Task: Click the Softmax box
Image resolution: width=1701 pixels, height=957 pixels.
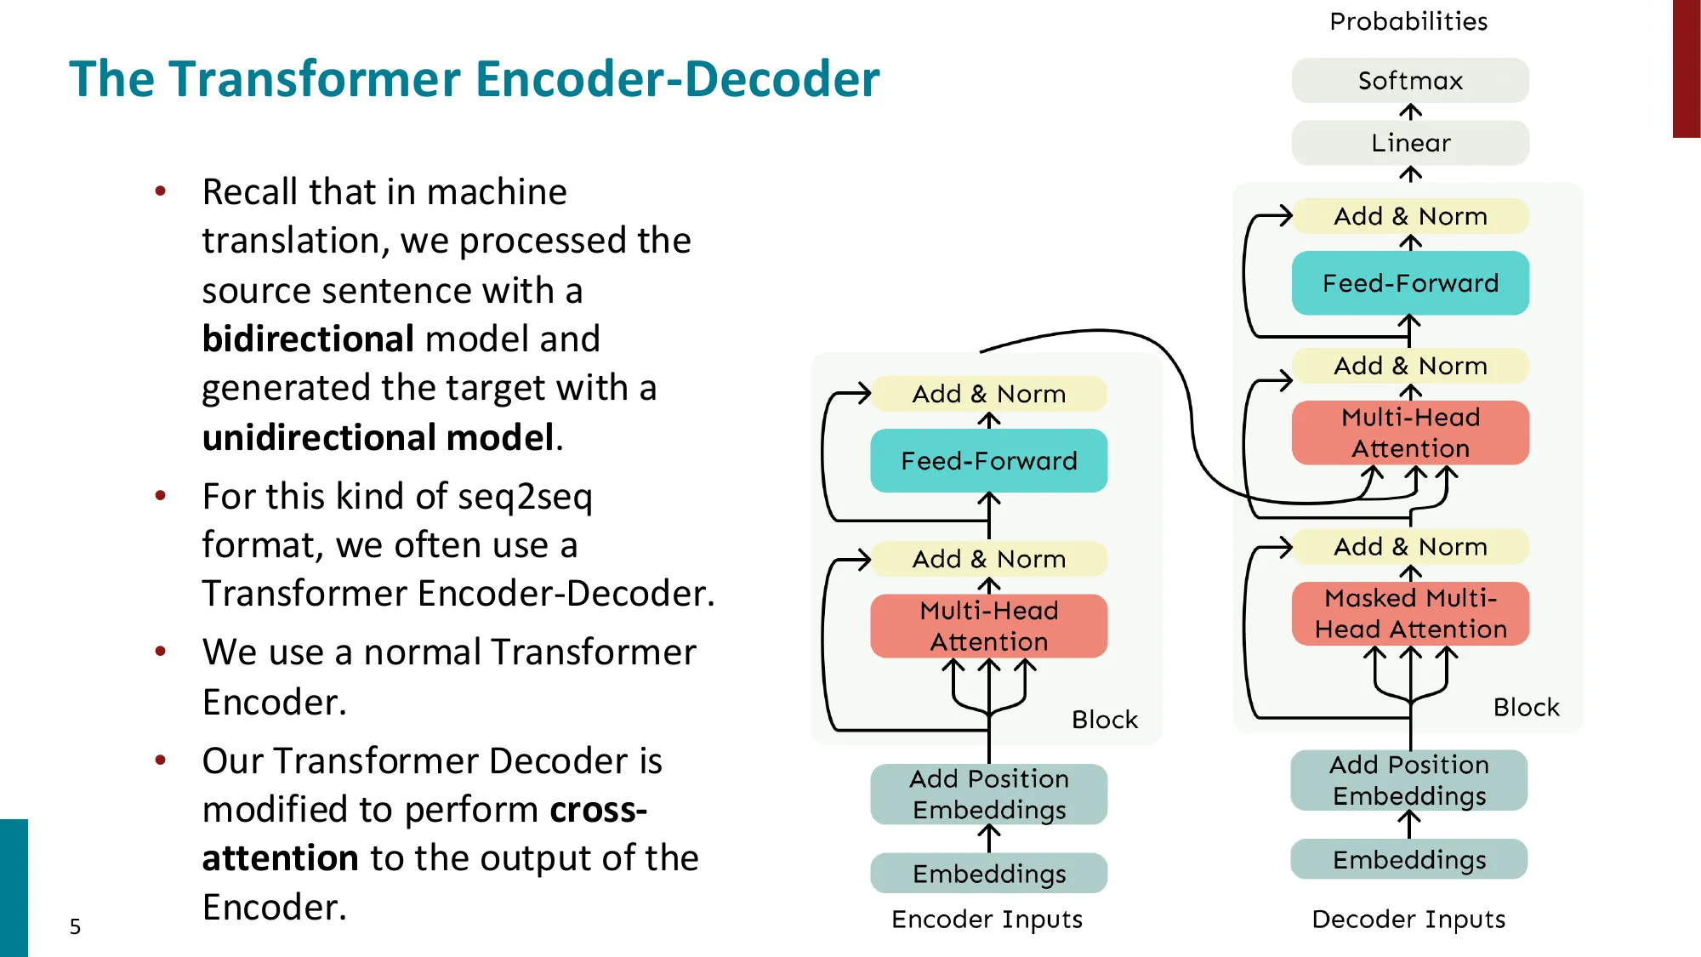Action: (1409, 81)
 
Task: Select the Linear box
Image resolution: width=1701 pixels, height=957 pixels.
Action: (1409, 143)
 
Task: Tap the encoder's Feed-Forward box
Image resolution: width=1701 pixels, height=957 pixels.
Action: (988, 461)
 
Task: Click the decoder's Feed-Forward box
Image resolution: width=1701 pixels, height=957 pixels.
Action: (1409, 283)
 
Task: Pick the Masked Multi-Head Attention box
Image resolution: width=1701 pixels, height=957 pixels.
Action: (1409, 613)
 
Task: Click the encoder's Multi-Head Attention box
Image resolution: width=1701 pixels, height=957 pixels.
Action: (988, 626)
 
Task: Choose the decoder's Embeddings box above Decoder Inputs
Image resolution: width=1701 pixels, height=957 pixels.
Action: (1408, 860)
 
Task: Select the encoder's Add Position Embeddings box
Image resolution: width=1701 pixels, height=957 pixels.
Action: (988, 794)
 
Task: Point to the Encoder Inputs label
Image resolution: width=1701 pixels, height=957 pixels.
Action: (987, 920)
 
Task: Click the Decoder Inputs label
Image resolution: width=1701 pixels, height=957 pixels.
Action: (1408, 920)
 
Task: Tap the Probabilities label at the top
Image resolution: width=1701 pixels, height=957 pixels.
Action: (1408, 21)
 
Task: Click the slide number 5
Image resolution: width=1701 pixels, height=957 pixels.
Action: (75, 926)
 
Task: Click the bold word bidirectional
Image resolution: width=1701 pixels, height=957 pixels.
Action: (308, 339)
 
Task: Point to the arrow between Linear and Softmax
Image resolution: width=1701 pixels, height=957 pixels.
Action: (1410, 112)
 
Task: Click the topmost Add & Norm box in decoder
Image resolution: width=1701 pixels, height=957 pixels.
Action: (1409, 216)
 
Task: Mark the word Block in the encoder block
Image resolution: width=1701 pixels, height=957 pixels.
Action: (1104, 720)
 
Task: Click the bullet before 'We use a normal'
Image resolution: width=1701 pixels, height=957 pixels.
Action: (160, 652)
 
